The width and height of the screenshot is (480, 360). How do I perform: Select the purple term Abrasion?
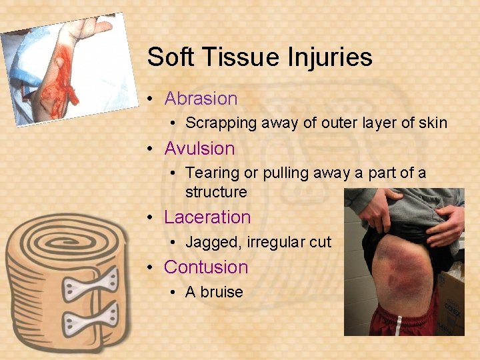pyautogui.click(x=201, y=99)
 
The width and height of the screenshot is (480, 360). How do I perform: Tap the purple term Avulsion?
pyautogui.click(x=199, y=149)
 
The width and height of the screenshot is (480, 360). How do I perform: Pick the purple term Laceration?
pyautogui.click(x=207, y=217)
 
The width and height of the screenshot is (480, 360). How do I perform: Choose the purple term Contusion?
pyautogui.click(x=205, y=267)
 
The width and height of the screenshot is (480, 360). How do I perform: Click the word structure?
pyautogui.click(x=216, y=193)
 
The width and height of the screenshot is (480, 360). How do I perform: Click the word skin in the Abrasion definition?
pyautogui.click(x=433, y=123)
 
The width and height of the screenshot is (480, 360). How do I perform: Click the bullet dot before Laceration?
pyautogui.click(x=151, y=218)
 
